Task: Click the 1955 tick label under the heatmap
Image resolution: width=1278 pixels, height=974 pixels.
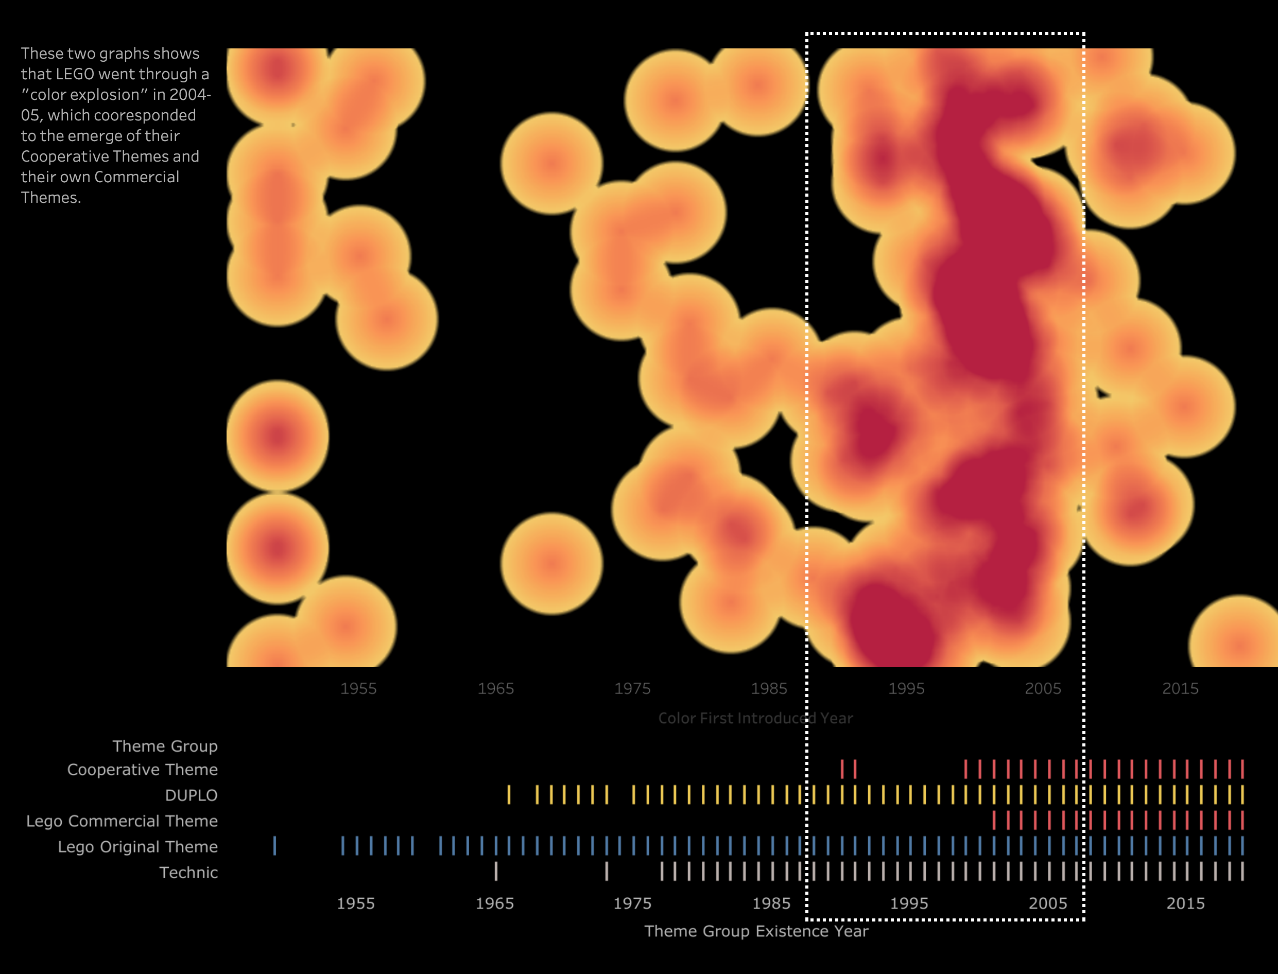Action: (358, 688)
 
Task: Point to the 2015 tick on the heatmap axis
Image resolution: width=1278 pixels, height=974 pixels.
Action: (1180, 688)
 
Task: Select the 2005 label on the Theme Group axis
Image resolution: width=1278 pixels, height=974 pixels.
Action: (1047, 903)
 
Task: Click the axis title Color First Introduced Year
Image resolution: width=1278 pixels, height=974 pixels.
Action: (755, 718)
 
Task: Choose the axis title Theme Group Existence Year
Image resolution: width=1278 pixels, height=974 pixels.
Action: (756, 931)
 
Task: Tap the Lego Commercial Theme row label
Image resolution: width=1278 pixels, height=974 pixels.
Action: (122, 821)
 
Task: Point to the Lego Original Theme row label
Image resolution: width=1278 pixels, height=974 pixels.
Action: (137, 847)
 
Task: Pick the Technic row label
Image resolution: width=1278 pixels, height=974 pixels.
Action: (188, 873)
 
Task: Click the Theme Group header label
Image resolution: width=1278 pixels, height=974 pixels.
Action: (165, 746)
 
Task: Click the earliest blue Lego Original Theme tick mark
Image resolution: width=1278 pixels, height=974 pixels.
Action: (274, 846)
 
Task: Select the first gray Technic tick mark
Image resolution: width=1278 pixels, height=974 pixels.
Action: (496, 872)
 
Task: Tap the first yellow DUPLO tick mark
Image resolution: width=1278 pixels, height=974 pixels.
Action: (509, 794)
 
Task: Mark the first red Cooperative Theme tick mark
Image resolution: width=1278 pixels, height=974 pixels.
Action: (842, 769)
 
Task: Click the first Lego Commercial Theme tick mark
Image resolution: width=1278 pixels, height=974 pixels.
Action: (994, 821)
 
